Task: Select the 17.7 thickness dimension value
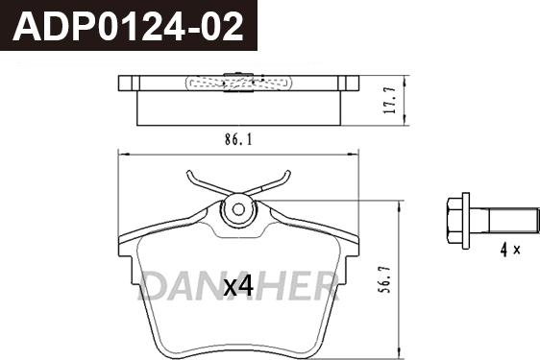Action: click(x=389, y=98)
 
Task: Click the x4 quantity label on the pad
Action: click(x=237, y=286)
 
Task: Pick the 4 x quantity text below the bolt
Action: click(x=509, y=251)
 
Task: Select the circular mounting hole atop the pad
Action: click(x=238, y=210)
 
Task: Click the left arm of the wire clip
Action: click(x=200, y=184)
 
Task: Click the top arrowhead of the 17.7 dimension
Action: click(x=405, y=80)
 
